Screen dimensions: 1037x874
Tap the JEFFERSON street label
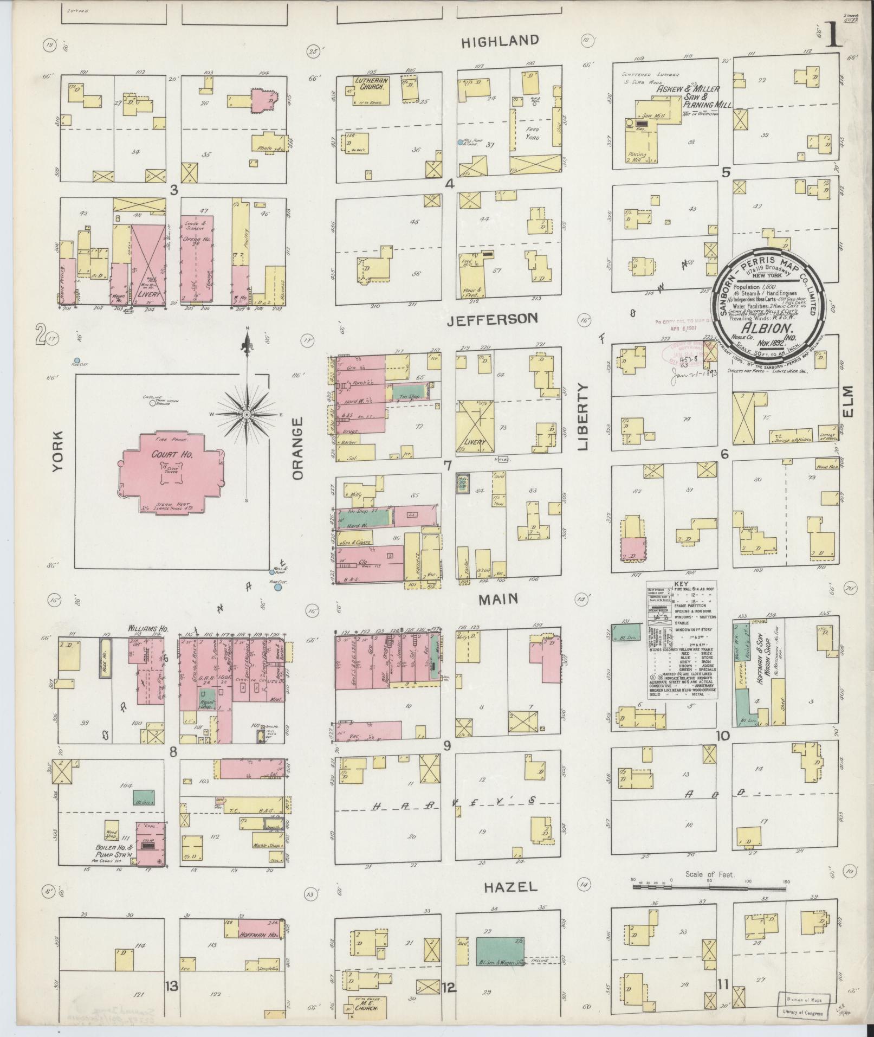click(493, 319)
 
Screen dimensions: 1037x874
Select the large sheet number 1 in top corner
click(835, 35)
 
